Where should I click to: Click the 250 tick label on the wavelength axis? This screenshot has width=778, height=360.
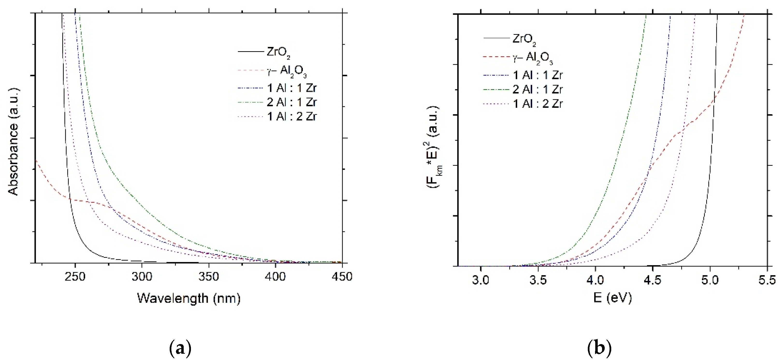click(x=75, y=276)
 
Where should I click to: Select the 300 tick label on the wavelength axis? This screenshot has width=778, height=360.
click(x=142, y=276)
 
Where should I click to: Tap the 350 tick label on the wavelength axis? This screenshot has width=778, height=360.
click(x=209, y=276)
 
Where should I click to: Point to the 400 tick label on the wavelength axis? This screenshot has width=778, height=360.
click(x=275, y=276)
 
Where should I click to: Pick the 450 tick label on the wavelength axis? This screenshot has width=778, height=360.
click(x=342, y=276)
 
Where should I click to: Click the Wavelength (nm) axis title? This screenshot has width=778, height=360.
click(x=189, y=298)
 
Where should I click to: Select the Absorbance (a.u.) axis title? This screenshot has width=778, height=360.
click(x=13, y=142)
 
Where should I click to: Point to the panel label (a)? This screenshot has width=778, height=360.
click(x=180, y=348)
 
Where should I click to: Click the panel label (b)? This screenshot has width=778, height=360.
click(x=599, y=348)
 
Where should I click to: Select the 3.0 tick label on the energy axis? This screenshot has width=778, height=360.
click(x=480, y=280)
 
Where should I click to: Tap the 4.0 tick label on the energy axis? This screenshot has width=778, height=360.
click(x=595, y=280)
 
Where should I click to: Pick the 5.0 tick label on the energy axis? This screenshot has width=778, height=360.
click(x=710, y=280)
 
